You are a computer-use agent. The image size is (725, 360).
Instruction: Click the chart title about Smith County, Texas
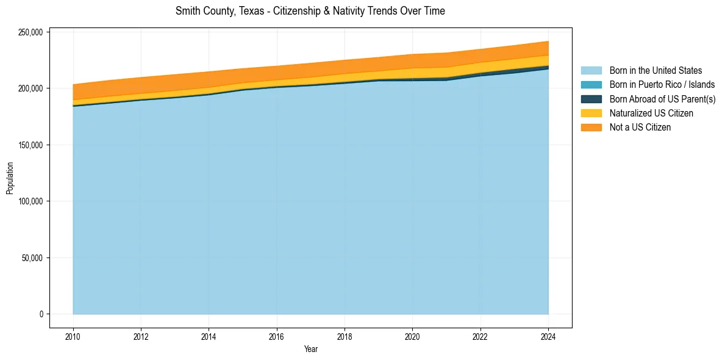pos(310,11)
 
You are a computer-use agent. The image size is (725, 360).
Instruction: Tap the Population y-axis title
pos(9,178)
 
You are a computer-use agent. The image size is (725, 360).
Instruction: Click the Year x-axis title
pos(310,349)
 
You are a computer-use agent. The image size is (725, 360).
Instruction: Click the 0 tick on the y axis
pos(42,314)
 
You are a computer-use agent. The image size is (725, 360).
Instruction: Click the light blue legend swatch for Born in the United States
pos(591,71)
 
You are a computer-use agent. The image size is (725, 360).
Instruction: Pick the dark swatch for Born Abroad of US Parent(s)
pos(591,99)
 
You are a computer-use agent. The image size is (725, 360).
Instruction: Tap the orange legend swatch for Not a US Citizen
pos(591,128)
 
